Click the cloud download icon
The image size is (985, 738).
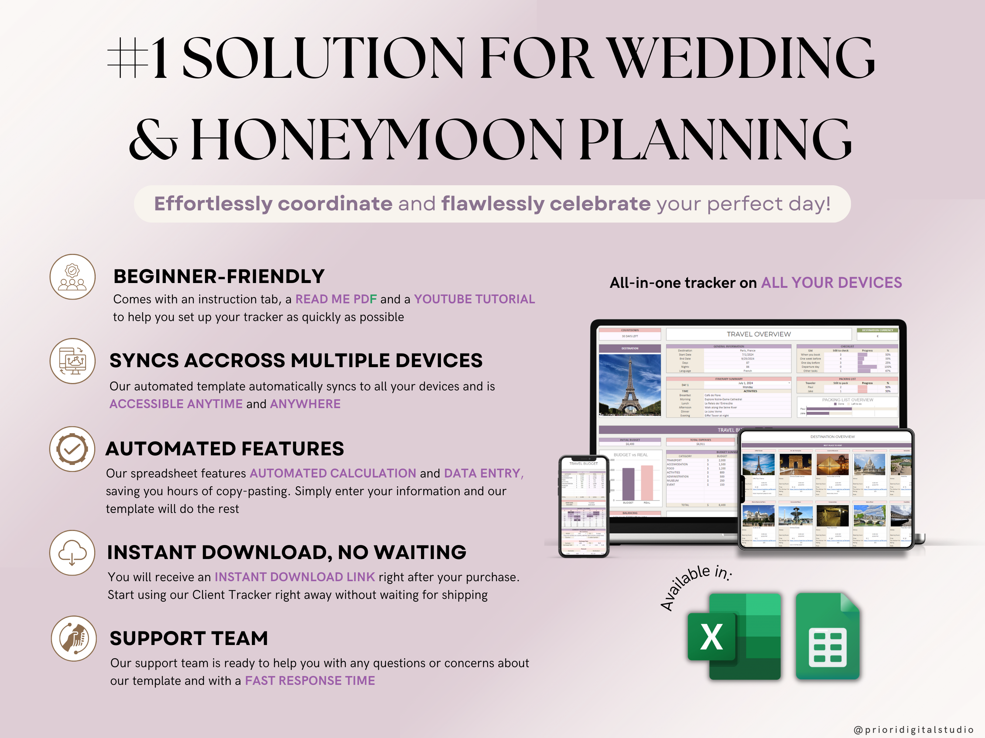click(x=72, y=552)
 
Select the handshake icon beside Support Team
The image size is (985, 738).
click(x=73, y=638)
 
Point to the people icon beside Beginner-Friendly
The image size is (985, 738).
click(x=72, y=277)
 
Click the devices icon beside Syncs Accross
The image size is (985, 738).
click(x=72, y=361)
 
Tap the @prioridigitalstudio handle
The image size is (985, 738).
click(x=913, y=730)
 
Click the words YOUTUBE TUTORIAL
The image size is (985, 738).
click(x=474, y=299)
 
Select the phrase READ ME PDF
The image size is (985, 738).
click(x=336, y=299)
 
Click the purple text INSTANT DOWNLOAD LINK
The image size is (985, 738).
click(x=295, y=577)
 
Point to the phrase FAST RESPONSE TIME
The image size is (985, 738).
click(x=310, y=680)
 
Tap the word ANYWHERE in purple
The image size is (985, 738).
click(x=305, y=404)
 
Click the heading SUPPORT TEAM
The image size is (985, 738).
click(x=189, y=638)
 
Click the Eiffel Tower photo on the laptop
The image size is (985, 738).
click(x=630, y=384)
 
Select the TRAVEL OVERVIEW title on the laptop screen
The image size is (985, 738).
click(x=759, y=334)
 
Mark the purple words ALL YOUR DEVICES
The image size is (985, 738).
click(x=831, y=283)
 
